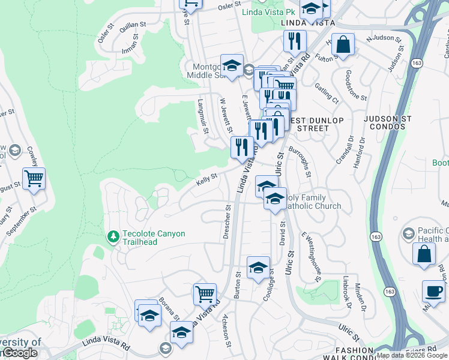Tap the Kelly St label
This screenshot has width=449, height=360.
click(206, 179)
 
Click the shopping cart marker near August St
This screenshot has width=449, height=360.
click(34, 178)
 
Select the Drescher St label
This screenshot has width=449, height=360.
click(227, 223)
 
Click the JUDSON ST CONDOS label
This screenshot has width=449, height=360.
click(393, 123)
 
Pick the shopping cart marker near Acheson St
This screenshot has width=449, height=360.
click(205, 294)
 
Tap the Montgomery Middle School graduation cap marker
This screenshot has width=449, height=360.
click(231, 64)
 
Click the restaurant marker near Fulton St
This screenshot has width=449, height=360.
click(295, 41)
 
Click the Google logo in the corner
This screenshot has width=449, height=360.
click(19, 353)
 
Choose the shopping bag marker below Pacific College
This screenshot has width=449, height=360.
click(424, 253)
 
